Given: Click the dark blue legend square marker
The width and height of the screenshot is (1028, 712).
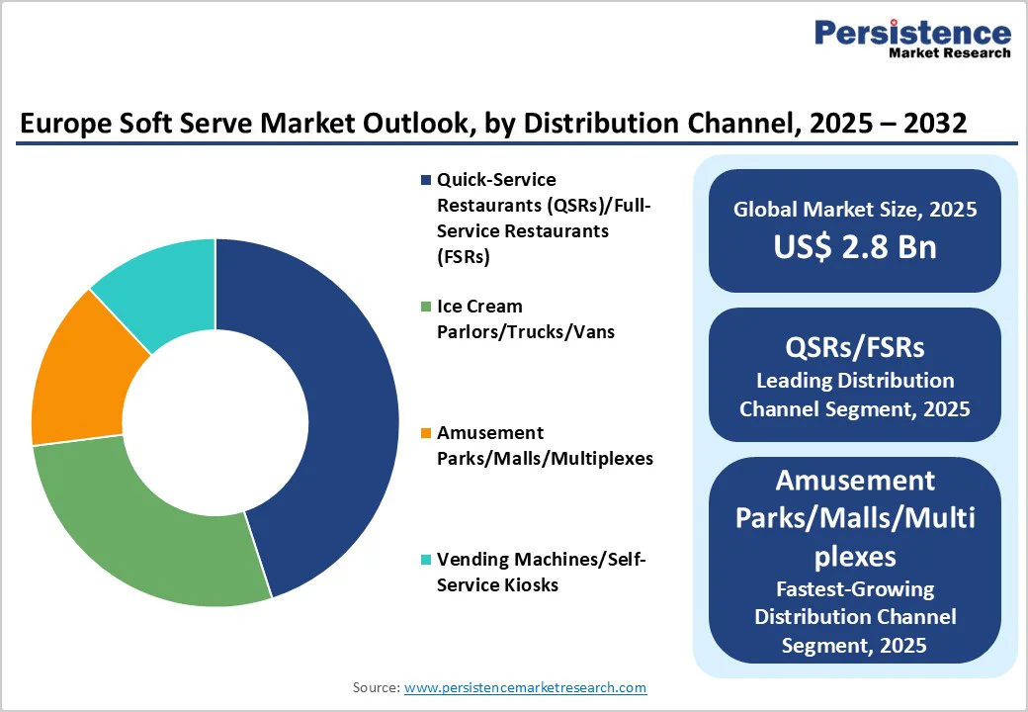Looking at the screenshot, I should point(426,180).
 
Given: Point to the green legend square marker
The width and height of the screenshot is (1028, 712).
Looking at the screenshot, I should point(426,307).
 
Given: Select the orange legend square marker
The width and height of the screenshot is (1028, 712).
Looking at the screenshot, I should point(426,433).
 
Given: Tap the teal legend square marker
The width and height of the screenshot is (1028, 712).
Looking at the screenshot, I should point(426,560).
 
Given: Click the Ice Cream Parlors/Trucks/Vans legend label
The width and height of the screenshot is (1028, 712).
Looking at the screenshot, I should point(525,319).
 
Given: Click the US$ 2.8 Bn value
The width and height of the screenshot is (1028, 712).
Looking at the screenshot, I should point(855,246).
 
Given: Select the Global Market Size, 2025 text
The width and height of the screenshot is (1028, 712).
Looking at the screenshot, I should point(855,209).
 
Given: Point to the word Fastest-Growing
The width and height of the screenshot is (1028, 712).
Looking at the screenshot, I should point(855,589).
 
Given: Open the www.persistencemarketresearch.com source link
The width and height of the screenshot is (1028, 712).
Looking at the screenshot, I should point(525,687).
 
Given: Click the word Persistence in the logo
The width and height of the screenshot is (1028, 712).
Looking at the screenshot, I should point(912,33).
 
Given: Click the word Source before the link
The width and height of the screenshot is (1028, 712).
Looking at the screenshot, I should point(376,687).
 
